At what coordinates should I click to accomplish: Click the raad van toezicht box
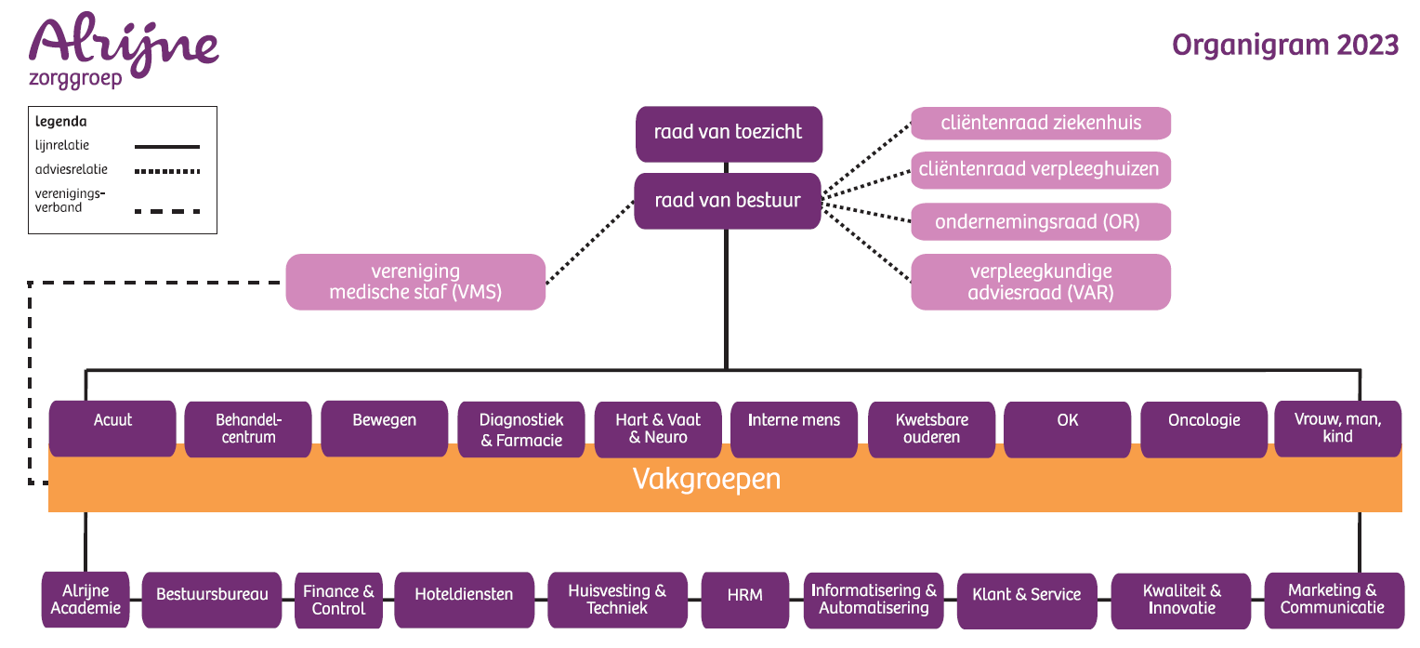click(728, 133)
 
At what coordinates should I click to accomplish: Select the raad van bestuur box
click(728, 200)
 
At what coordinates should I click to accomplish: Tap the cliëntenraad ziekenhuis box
click(1040, 123)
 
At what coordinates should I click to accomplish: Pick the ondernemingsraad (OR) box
click(1040, 222)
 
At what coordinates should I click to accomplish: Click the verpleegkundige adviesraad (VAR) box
click(1040, 282)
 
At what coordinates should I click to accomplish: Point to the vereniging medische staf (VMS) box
click(415, 282)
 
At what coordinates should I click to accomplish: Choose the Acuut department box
click(112, 428)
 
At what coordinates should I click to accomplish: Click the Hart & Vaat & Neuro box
click(658, 429)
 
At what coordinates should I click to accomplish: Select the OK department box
click(1068, 429)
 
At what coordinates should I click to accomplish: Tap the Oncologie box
click(1203, 429)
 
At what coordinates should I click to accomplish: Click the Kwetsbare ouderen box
click(931, 429)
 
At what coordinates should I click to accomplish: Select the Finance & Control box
click(338, 600)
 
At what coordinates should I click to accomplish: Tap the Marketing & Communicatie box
click(1333, 600)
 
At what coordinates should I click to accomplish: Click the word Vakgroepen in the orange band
click(706, 479)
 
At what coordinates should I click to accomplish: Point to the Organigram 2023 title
click(1285, 45)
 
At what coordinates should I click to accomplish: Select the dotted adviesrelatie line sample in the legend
click(167, 171)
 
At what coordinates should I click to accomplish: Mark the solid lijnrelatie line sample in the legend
click(167, 146)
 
